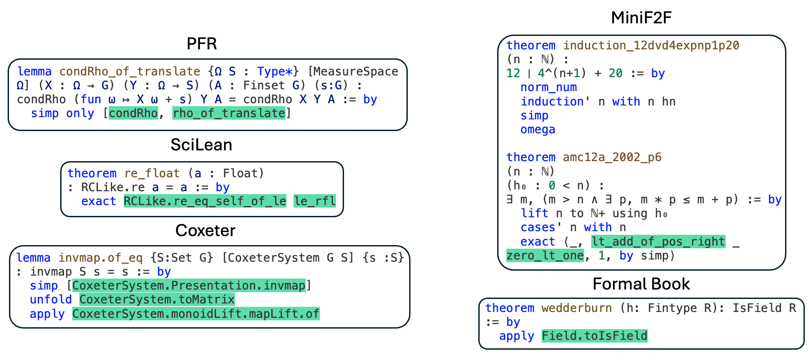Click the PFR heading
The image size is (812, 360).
click(x=202, y=44)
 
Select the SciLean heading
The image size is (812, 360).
click(x=201, y=145)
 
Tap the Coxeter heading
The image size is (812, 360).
click(x=205, y=231)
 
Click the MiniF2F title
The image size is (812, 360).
click(x=641, y=18)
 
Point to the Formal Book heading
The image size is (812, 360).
click(x=641, y=284)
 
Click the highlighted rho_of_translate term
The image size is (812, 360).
click(x=229, y=113)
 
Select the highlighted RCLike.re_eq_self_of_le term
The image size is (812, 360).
click(x=205, y=201)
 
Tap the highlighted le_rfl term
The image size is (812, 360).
click(x=314, y=201)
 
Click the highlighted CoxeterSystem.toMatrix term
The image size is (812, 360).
click(x=157, y=299)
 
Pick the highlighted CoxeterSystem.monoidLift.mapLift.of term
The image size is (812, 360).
click(x=196, y=314)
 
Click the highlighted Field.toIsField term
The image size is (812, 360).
click(x=595, y=336)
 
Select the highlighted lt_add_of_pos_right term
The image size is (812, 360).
click(x=658, y=241)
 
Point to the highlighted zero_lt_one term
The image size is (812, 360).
click(x=545, y=256)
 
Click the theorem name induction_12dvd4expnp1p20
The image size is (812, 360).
click(x=651, y=45)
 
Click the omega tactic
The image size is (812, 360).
click(x=538, y=130)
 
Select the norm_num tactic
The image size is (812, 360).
click(x=548, y=88)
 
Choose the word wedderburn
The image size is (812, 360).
click(x=576, y=308)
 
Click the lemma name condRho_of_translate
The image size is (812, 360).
click(x=130, y=71)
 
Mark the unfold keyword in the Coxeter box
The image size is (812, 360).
click(x=51, y=299)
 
